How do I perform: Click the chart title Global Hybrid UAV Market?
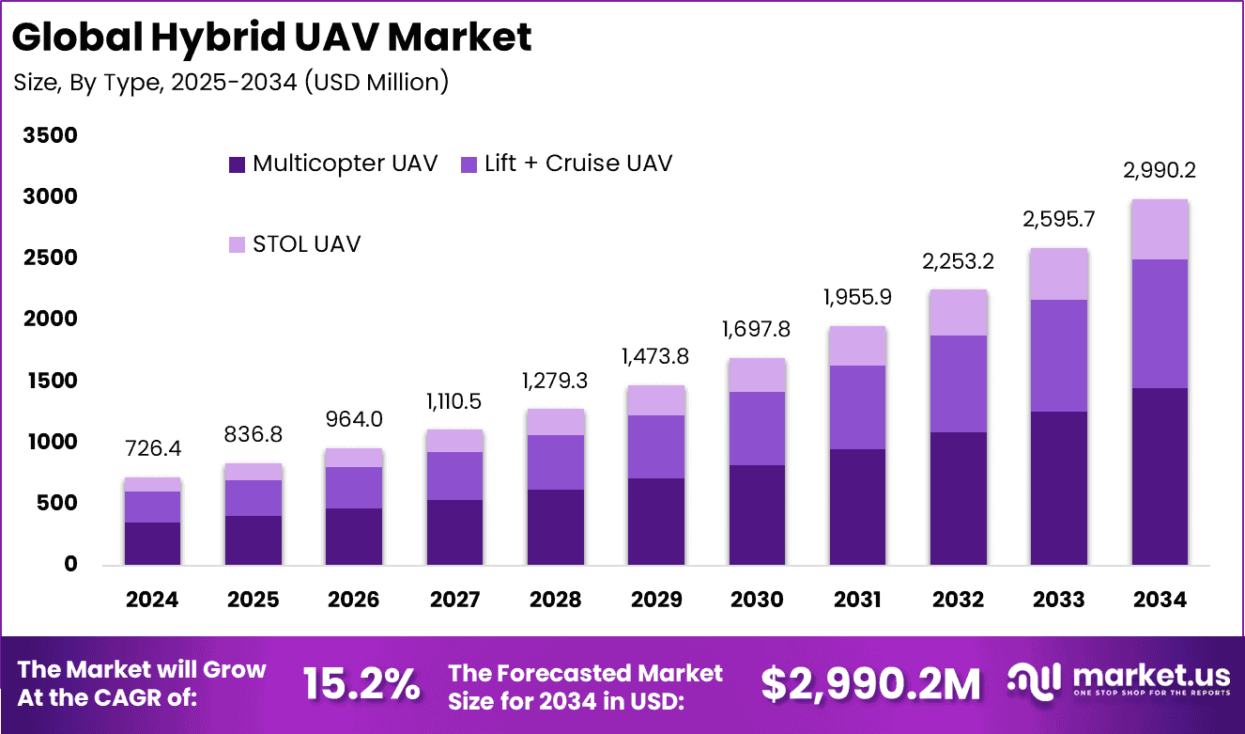pos(272,37)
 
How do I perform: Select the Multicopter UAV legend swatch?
pos(237,164)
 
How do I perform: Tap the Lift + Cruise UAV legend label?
pos(578,164)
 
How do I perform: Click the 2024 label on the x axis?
pos(152,599)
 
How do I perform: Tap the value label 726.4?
pos(152,450)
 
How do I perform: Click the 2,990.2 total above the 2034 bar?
pos(1159,171)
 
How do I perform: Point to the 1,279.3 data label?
pos(554,383)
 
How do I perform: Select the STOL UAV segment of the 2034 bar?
pos(1159,229)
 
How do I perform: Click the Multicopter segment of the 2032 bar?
pos(958,498)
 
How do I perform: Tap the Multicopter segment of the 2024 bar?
pos(152,543)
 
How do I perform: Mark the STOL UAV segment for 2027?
pos(453,441)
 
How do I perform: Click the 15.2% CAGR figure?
pos(361,683)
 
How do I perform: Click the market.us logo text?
pos(1150,676)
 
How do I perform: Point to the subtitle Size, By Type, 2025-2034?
pos(231,83)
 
